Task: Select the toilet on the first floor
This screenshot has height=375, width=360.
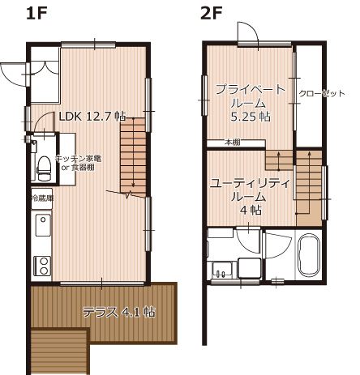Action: (x=43, y=168)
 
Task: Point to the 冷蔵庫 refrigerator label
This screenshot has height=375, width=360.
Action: (x=42, y=198)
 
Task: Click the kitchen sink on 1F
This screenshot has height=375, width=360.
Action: (x=42, y=224)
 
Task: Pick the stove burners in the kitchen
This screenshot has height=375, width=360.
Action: (x=42, y=265)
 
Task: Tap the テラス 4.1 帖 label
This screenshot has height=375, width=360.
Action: (x=118, y=311)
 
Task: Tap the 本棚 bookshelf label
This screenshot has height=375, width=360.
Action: (x=233, y=143)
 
